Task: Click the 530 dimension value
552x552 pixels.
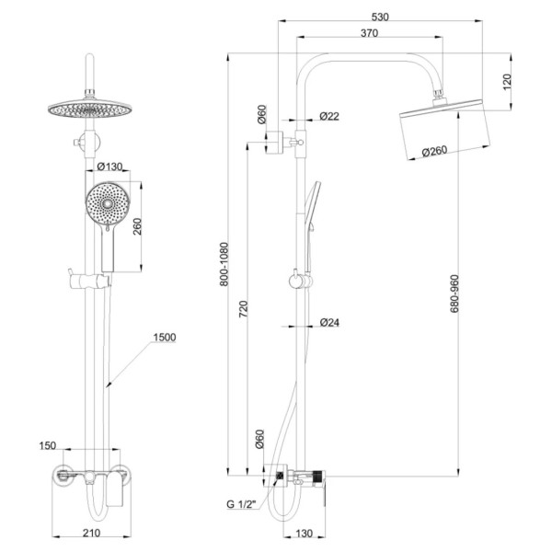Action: (380, 17)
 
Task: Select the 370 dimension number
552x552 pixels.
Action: (369, 33)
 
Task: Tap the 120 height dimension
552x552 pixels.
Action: (507, 82)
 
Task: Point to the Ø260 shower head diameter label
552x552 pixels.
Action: (434, 152)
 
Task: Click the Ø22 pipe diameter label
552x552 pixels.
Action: (329, 116)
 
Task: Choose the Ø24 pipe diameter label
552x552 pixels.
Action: (330, 322)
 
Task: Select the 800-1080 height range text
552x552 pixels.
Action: (224, 264)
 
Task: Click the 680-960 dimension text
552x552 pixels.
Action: (454, 293)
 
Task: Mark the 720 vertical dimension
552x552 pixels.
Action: (243, 309)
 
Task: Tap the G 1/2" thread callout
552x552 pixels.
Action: (240, 504)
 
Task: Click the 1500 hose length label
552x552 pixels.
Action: (165, 338)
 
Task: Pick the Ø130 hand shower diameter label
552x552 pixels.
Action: (109, 167)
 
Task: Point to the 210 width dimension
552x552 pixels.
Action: (91, 533)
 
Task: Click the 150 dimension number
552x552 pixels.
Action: (48, 445)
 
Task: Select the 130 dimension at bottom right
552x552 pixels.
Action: (305, 534)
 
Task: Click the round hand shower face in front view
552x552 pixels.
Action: (108, 204)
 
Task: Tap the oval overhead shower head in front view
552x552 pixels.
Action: (88, 109)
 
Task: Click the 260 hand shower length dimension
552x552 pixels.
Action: (138, 226)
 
